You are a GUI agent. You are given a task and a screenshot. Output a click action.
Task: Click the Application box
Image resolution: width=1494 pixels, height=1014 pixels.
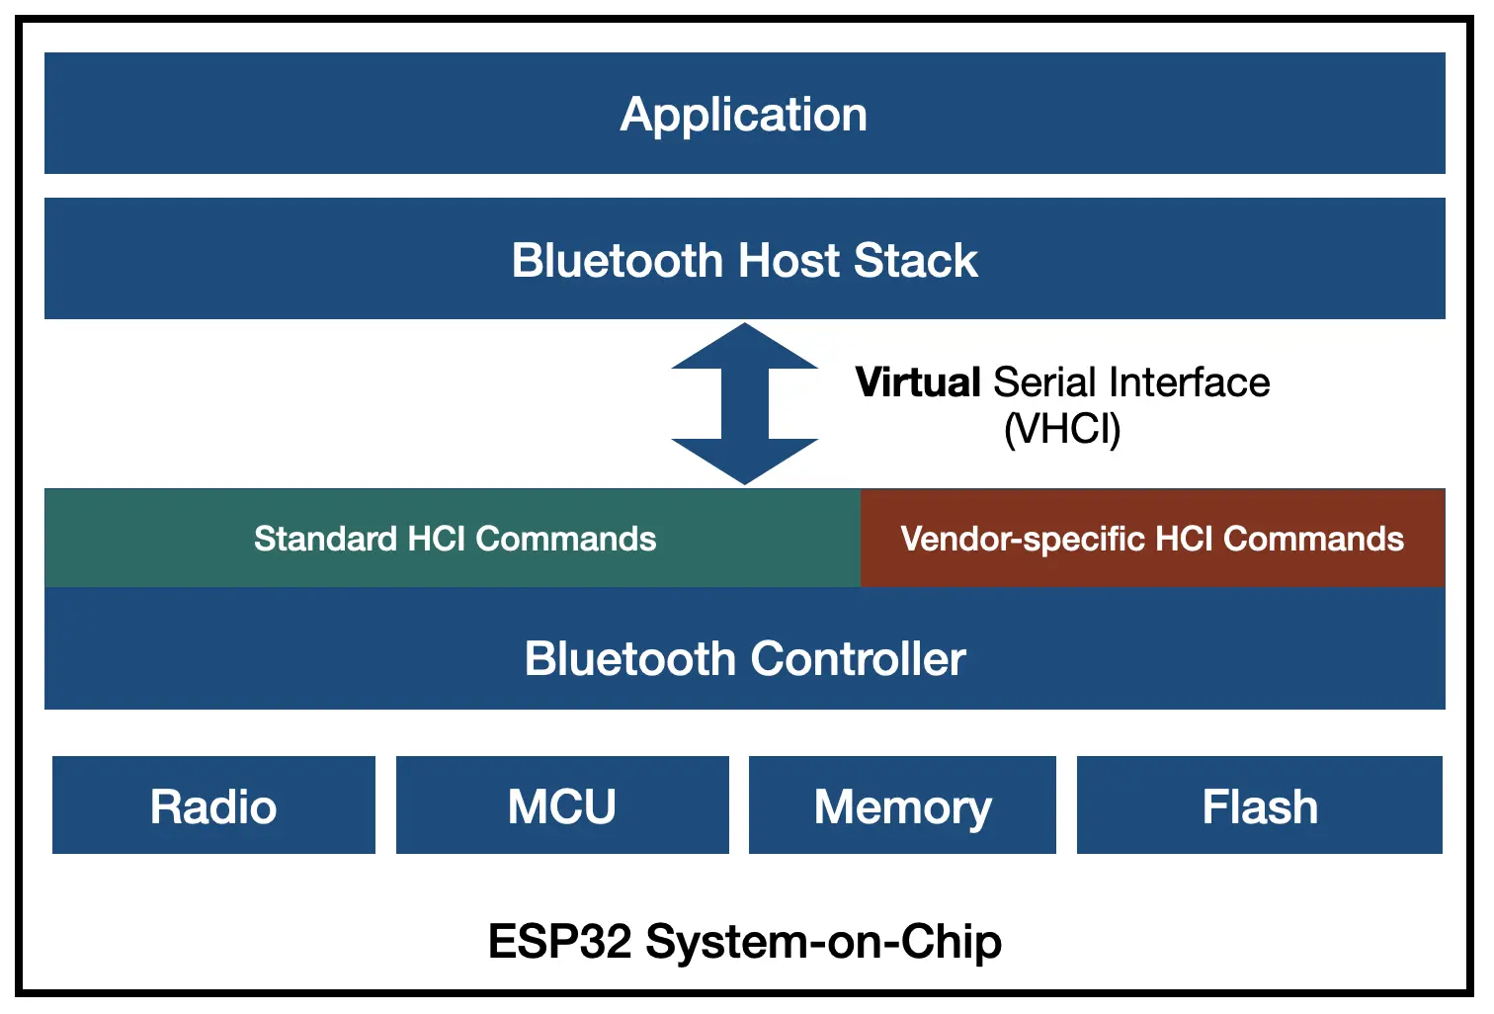click(x=744, y=114)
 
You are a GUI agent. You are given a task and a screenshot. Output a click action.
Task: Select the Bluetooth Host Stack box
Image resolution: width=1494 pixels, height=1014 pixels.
click(x=744, y=259)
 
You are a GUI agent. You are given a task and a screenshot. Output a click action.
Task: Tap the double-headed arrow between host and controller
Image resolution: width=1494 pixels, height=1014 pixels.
click(x=745, y=403)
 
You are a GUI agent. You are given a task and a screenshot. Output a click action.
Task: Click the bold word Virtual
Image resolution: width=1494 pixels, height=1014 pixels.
click(x=917, y=382)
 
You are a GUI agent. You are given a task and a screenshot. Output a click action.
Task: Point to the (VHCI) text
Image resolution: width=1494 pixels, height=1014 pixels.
click(x=1062, y=429)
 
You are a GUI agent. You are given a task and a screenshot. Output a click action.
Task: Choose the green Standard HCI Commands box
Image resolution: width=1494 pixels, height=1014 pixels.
click(x=454, y=539)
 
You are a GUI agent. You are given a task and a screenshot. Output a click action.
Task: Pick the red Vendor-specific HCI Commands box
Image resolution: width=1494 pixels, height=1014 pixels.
click(x=1152, y=539)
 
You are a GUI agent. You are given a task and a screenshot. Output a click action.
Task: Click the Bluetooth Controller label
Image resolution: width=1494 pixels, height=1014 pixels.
click(x=744, y=659)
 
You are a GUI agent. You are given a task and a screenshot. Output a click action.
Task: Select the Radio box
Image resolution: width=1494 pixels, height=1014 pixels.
click(x=213, y=805)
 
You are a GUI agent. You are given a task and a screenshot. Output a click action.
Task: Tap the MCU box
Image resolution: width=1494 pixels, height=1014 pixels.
click(x=562, y=805)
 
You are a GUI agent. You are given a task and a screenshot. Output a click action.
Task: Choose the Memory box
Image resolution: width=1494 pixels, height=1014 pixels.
click(x=902, y=805)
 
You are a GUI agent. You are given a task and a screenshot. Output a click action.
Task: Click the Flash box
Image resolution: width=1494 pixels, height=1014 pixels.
click(x=1260, y=805)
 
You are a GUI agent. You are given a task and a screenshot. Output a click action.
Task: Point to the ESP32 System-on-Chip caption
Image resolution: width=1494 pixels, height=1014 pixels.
click(x=744, y=941)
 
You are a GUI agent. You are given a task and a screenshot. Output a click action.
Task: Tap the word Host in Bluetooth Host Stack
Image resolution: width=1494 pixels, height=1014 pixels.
click(x=789, y=260)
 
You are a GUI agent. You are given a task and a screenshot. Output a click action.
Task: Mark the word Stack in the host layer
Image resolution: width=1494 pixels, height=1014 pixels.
click(x=916, y=260)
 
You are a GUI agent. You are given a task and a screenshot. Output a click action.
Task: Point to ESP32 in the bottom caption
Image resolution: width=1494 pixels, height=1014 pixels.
click(x=559, y=941)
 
